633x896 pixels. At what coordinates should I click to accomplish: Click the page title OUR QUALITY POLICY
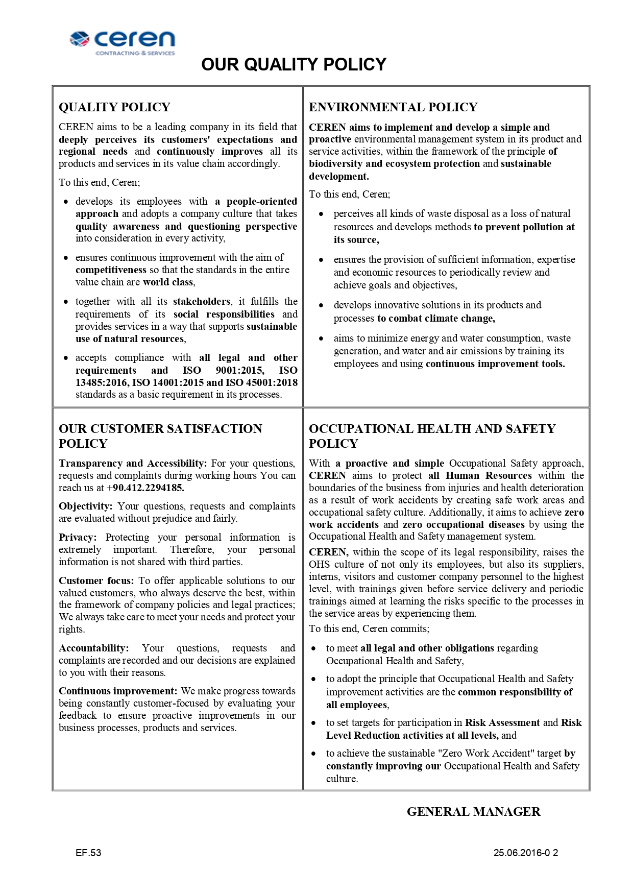click(294, 64)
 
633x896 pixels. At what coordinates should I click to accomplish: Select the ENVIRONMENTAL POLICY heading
click(393, 107)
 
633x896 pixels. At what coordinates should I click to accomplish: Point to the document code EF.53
click(88, 853)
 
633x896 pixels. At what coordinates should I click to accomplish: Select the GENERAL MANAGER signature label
click(473, 812)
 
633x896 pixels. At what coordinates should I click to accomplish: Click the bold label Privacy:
click(78, 537)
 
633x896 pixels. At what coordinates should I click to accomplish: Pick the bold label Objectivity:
click(85, 506)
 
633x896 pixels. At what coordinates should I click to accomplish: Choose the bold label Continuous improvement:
click(118, 691)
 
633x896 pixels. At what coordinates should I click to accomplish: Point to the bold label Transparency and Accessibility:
click(133, 463)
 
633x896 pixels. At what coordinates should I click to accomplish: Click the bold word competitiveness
click(111, 270)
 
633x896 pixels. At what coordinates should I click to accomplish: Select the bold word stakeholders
click(202, 301)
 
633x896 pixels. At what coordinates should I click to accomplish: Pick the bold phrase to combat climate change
click(436, 318)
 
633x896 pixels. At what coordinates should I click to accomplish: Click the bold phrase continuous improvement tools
click(495, 364)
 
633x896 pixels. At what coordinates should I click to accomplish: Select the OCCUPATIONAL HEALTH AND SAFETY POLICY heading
click(432, 435)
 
